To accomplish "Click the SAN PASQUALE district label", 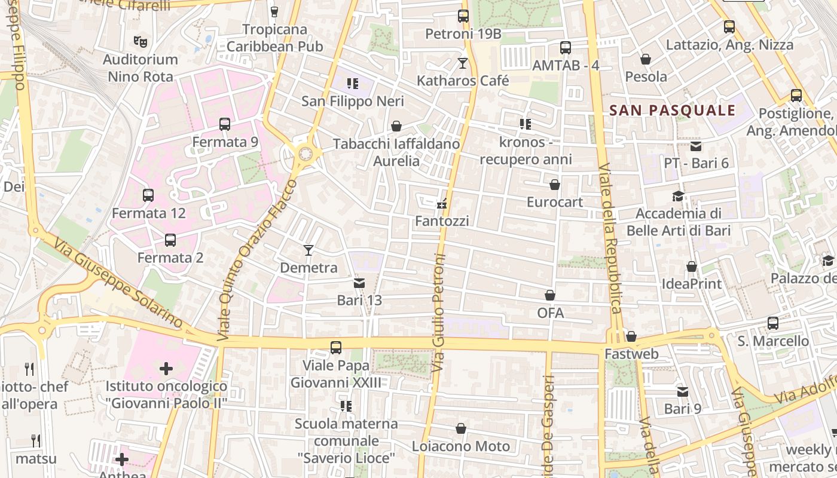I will (x=672, y=111).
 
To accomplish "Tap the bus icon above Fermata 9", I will (x=225, y=124).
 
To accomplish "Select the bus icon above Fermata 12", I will (x=148, y=195).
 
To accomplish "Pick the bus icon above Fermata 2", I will (x=170, y=240).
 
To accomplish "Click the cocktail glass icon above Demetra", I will (x=308, y=250).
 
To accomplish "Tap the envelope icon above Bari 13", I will (x=359, y=283).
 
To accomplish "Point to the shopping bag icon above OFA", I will (x=550, y=295).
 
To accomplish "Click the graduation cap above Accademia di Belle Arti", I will (x=678, y=196).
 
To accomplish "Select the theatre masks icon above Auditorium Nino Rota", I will (x=140, y=42).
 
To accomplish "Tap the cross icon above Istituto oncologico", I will (x=166, y=369).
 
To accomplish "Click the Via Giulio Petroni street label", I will (x=439, y=314).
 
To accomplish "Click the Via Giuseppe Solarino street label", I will (x=118, y=283).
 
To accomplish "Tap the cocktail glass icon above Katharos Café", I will (x=463, y=63).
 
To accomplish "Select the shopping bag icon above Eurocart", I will (x=555, y=185).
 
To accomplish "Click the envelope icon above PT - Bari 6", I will (x=696, y=146).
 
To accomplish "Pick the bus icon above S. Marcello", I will (x=773, y=323).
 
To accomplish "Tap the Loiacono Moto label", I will (x=461, y=446).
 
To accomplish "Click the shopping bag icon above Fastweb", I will (x=631, y=336).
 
